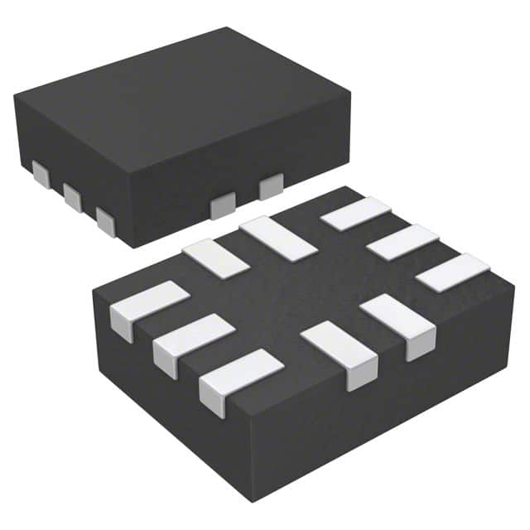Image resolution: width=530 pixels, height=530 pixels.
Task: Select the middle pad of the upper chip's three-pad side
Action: (72, 197)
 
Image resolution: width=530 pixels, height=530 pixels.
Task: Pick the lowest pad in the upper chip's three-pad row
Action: (105, 221)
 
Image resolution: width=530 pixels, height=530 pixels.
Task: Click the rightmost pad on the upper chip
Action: (271, 187)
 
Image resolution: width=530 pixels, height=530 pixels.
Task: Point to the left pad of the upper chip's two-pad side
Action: (222, 205)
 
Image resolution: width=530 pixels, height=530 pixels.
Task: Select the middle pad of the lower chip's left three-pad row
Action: (193, 340)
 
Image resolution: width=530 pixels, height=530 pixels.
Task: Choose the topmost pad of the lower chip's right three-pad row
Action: (355, 213)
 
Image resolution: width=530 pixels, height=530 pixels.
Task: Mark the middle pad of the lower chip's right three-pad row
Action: (402, 242)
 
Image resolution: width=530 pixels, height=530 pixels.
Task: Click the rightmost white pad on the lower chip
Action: (452, 272)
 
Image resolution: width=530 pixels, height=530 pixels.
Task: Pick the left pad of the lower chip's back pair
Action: (215, 258)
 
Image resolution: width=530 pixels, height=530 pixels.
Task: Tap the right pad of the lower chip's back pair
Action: (278, 238)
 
